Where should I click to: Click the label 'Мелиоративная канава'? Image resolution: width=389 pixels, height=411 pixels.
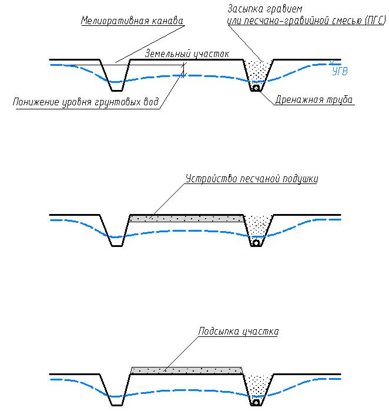[x=132, y=21]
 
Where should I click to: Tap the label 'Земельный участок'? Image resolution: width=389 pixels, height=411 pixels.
[x=187, y=54]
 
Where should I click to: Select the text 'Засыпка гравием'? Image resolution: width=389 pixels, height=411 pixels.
[x=265, y=9]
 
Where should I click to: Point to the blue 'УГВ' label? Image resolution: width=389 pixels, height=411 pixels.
[x=340, y=71]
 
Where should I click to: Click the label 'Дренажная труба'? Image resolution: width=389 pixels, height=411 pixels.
[x=314, y=100]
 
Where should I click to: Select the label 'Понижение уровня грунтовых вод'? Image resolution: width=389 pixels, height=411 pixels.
[x=86, y=102]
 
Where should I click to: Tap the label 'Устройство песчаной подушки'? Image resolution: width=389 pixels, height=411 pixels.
[x=251, y=179]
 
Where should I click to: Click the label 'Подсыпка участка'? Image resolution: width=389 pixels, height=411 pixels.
[x=239, y=331]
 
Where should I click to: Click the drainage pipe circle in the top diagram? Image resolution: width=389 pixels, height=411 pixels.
[x=256, y=88]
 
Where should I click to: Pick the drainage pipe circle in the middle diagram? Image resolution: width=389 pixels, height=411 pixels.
[x=256, y=243]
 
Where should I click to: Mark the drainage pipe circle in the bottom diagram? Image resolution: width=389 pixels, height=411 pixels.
[x=256, y=402]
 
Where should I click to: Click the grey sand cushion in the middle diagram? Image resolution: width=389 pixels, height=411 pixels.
[x=186, y=218]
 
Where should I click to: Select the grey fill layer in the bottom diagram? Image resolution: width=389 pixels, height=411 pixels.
[x=186, y=370]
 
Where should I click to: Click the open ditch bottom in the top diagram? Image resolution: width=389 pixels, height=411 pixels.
[x=117, y=91]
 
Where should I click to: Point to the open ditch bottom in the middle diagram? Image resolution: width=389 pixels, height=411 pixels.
[x=117, y=246]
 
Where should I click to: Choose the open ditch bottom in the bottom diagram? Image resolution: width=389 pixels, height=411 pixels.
[x=117, y=405]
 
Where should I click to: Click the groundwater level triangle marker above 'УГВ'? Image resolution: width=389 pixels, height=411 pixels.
[x=331, y=62]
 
